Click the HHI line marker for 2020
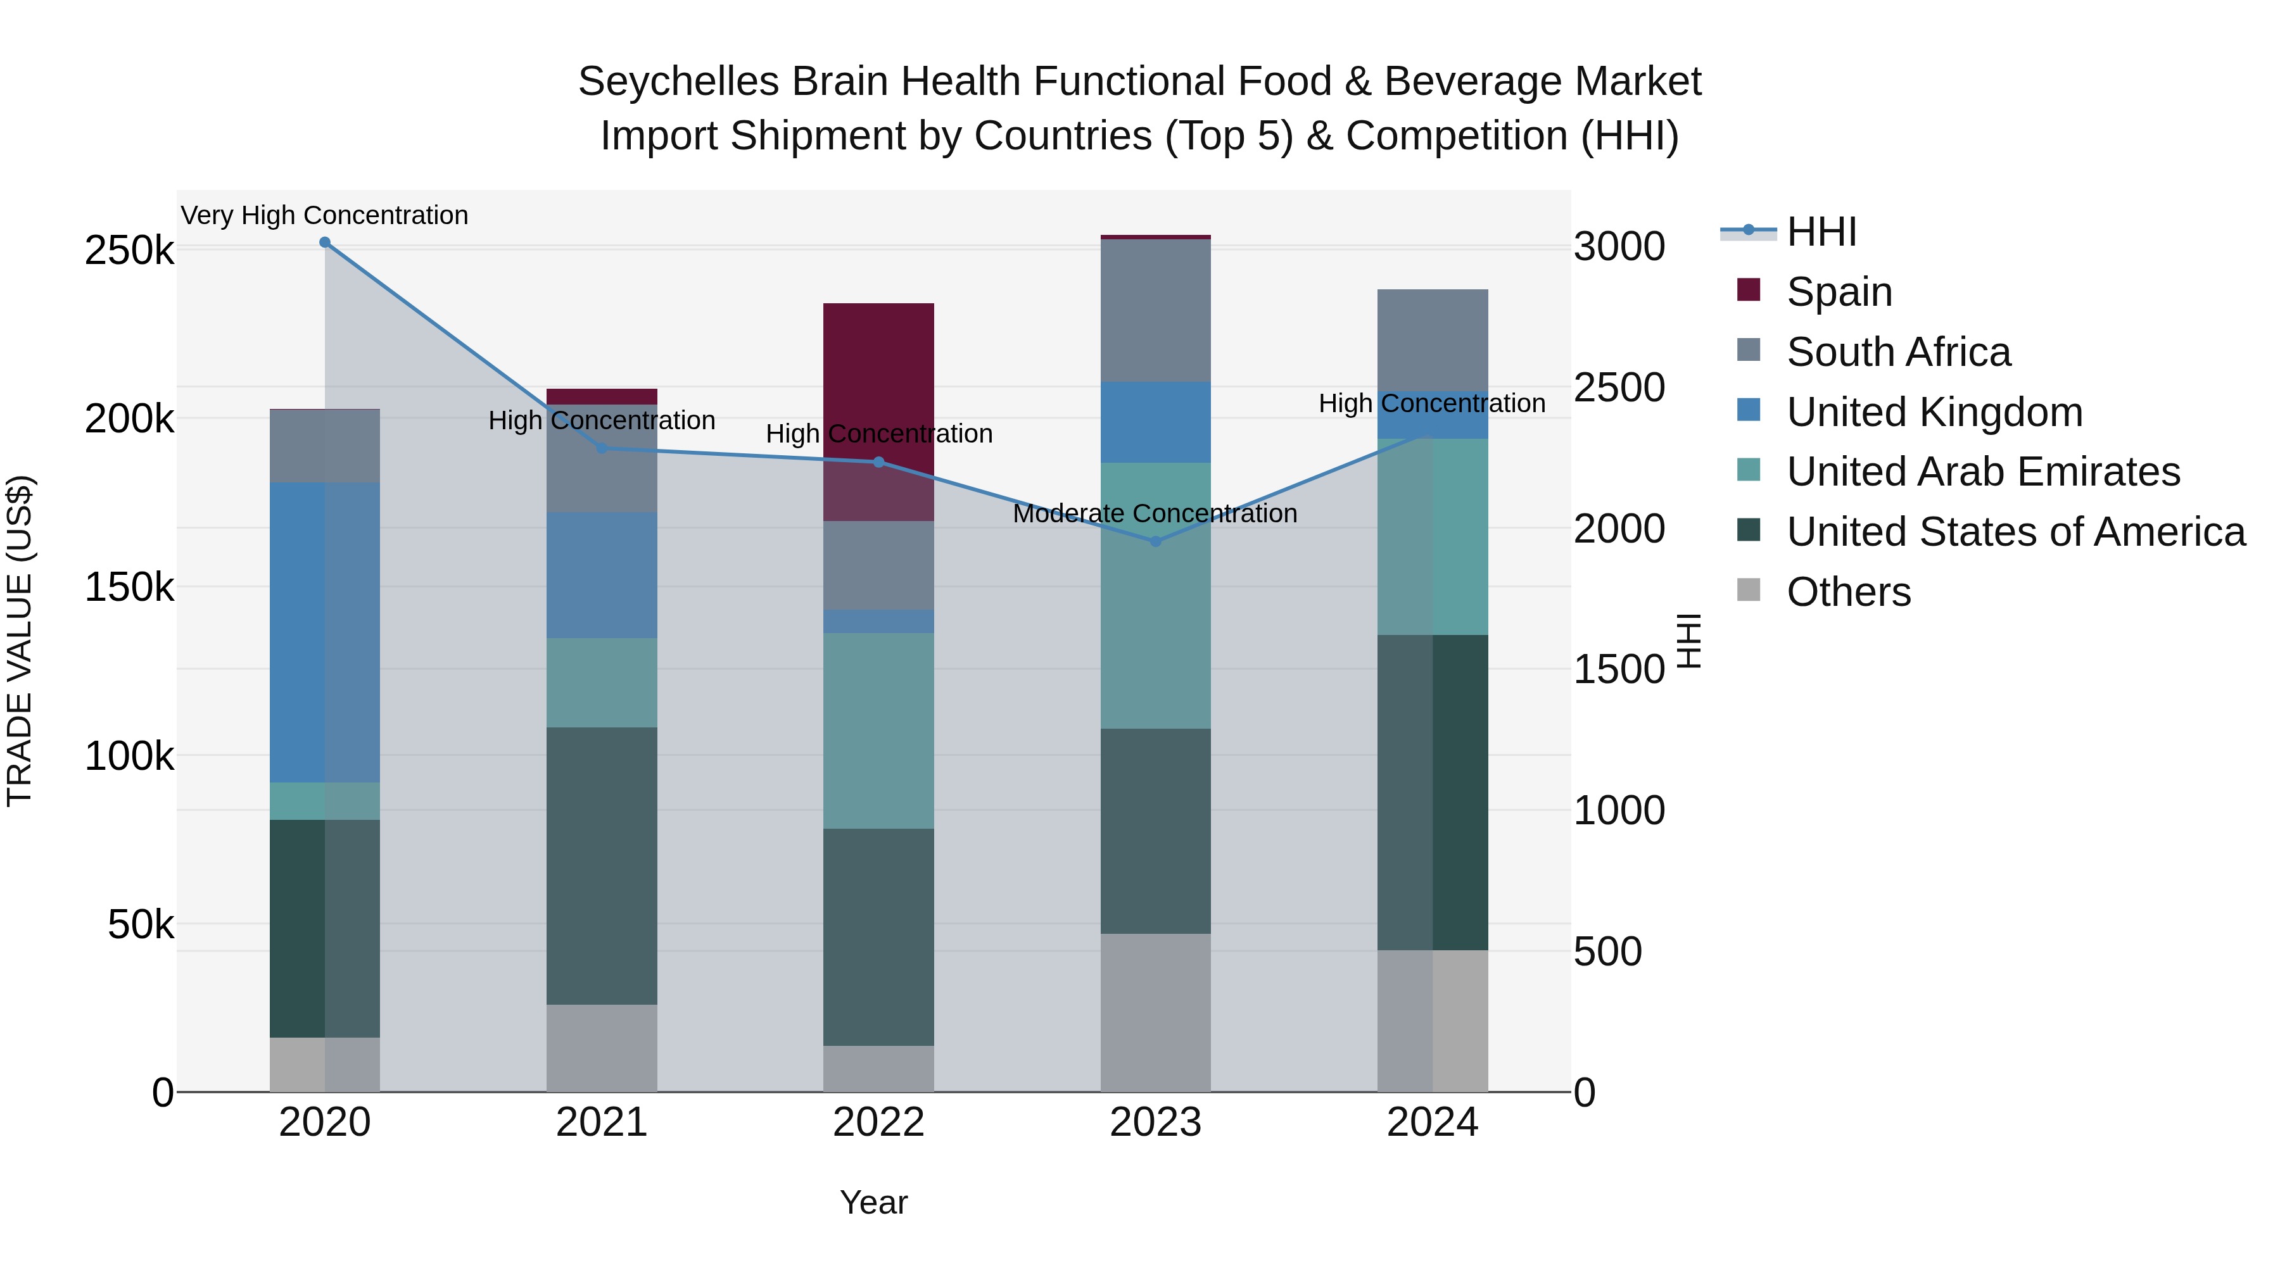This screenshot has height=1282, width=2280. point(325,242)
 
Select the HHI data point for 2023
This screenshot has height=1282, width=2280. point(1155,541)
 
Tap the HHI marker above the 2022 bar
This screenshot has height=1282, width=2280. point(879,462)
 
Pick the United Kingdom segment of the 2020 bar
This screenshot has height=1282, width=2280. point(325,632)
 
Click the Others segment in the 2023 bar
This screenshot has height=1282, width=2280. point(1155,1012)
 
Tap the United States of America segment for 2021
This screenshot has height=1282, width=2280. point(602,865)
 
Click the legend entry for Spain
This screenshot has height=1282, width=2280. point(1839,292)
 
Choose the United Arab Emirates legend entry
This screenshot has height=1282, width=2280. point(1982,472)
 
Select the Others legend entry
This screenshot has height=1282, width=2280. point(1848,592)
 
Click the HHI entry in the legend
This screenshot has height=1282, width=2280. point(1821,232)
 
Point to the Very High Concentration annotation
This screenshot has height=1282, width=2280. point(325,215)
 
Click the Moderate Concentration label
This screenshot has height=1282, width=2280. point(1155,513)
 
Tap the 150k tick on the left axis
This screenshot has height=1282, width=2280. point(129,587)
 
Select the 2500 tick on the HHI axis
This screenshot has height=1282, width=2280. point(1619,387)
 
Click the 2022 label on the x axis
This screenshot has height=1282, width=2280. point(879,1122)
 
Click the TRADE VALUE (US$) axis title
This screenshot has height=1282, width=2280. point(20,641)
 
